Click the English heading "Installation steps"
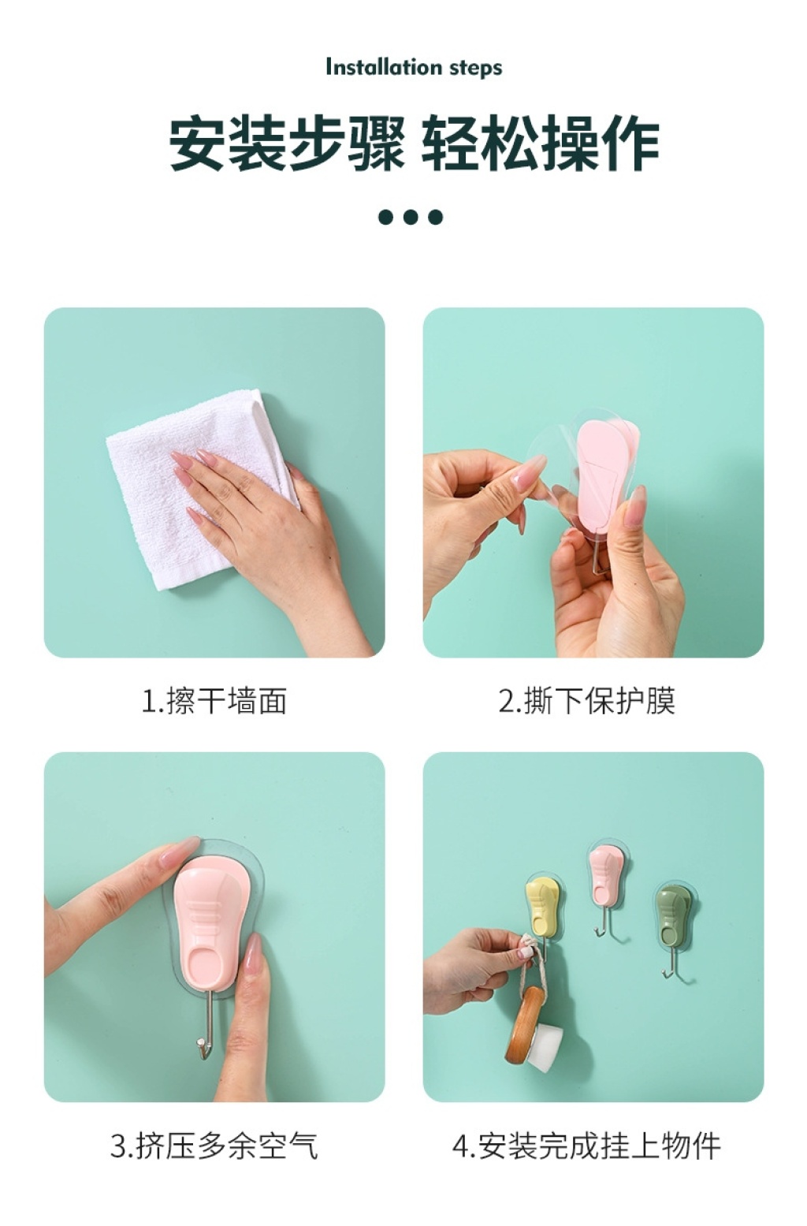pyautogui.click(x=414, y=68)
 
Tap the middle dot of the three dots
pyautogui.click(x=411, y=217)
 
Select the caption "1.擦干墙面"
pyautogui.click(x=214, y=701)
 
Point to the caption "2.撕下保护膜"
pyautogui.click(x=587, y=701)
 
